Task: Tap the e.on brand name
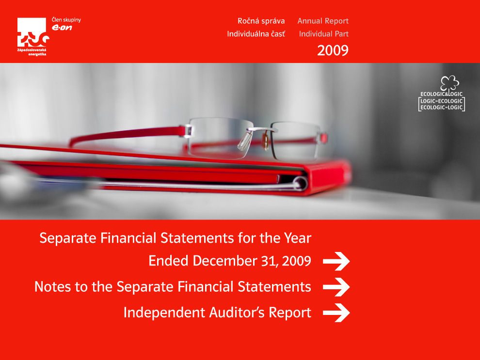point(62,28)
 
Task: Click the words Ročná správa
point(261,21)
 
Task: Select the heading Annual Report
point(323,21)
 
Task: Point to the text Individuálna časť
point(256,33)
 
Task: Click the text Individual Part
point(324,33)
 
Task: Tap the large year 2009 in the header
point(333,50)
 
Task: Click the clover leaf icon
point(449,83)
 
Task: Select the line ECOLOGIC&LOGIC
point(441,94)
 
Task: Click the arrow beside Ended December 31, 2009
point(336,261)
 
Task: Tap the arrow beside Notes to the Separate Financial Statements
point(336,287)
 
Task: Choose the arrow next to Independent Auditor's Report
point(336,313)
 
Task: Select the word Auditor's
point(237,313)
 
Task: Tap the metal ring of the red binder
point(300,184)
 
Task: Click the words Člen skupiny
point(66,20)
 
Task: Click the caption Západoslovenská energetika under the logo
point(32,52)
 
